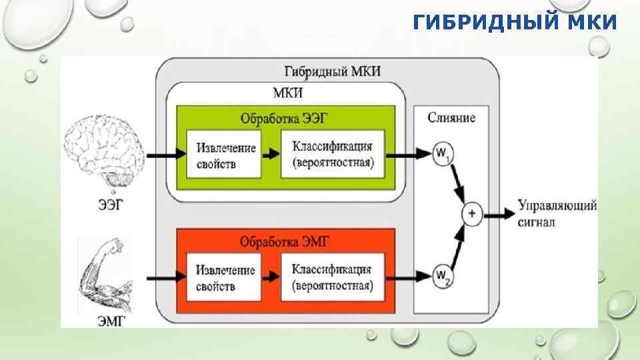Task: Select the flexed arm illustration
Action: (103, 273)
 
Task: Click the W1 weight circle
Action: (441, 154)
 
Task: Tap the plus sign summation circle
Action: (472, 214)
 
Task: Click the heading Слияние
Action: (451, 118)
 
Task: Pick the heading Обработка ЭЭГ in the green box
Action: (285, 119)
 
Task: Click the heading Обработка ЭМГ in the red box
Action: (285, 239)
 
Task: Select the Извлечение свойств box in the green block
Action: (225, 155)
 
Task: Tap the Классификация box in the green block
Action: (333, 155)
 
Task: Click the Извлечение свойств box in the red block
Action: (225, 278)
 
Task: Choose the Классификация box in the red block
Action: (333, 278)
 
